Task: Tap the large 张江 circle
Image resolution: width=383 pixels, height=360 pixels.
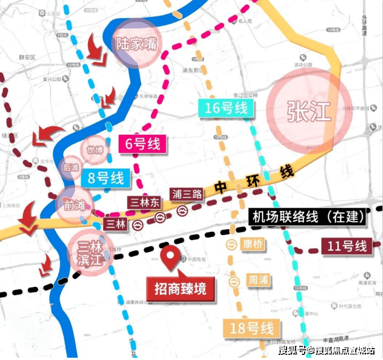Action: [308, 111]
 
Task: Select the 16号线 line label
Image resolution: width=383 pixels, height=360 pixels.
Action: [226, 108]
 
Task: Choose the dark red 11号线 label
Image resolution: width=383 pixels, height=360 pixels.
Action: [346, 247]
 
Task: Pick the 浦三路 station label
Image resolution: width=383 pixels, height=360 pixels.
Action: [188, 194]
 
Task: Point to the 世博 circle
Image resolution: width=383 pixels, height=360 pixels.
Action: [95, 150]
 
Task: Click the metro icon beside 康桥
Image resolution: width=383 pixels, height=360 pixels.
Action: [233, 244]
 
